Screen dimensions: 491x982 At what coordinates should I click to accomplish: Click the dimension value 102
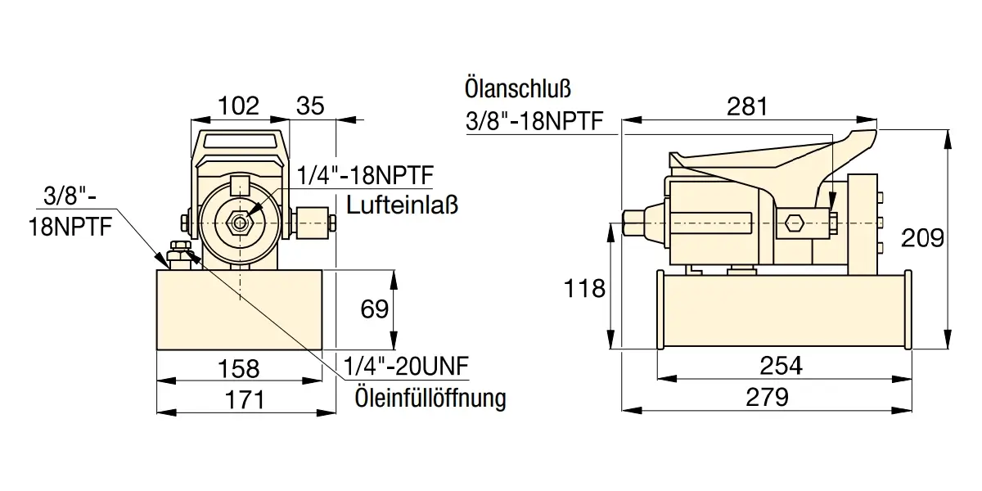click(x=238, y=106)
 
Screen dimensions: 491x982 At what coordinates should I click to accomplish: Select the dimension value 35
click(x=310, y=106)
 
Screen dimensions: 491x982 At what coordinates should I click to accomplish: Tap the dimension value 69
click(x=374, y=309)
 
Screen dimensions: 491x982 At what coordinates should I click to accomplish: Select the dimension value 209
click(x=922, y=238)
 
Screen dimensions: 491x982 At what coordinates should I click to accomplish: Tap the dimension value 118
click(x=585, y=288)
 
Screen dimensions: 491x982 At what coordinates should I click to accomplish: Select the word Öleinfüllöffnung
click(x=430, y=399)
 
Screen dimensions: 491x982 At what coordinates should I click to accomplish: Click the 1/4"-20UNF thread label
click(x=407, y=366)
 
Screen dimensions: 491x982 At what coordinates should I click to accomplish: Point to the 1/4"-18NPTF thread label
click(x=365, y=175)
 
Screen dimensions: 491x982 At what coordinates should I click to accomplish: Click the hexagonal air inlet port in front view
click(x=240, y=222)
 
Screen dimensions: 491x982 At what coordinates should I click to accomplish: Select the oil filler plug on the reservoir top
click(x=178, y=255)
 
